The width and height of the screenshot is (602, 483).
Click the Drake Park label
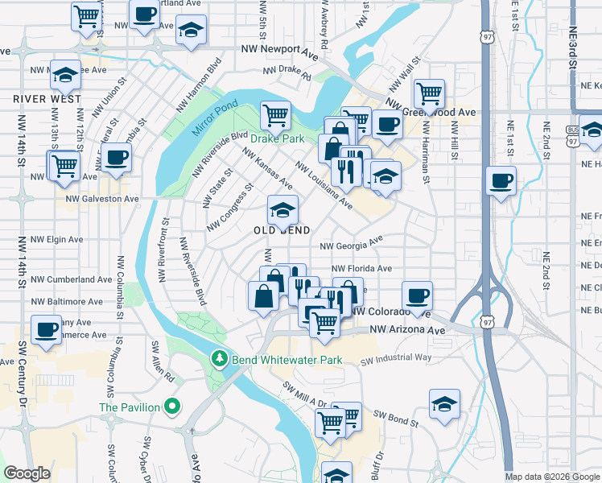[x=277, y=139]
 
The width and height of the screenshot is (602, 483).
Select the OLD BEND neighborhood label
[x=282, y=230]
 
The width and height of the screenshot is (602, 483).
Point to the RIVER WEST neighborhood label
[x=47, y=99]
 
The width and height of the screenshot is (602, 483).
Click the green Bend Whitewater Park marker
[x=217, y=359]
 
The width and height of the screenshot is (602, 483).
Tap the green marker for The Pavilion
[x=170, y=407]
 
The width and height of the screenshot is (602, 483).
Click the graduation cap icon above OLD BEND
[x=282, y=211]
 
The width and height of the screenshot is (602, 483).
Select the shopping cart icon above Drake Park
[x=276, y=115]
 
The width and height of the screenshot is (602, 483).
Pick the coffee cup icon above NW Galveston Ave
[x=117, y=158]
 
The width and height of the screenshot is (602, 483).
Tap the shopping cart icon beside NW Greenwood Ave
[x=430, y=93]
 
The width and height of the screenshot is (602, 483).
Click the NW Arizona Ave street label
[x=407, y=330]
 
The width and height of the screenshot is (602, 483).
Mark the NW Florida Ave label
[x=361, y=269]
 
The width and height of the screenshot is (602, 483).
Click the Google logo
[x=27, y=473]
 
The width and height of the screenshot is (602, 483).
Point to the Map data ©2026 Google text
[x=552, y=477]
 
